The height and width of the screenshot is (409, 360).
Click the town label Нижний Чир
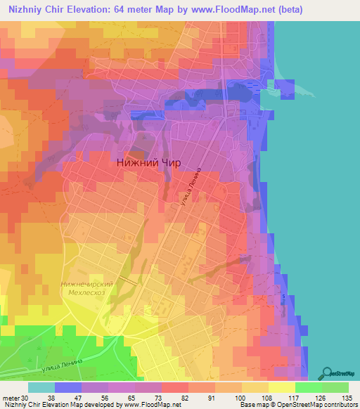[x=148, y=162]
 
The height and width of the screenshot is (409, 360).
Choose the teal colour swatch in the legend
[x=41, y=387]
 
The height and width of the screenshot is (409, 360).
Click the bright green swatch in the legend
[x=309, y=387]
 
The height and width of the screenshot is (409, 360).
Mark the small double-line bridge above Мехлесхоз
[x=129, y=280]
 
